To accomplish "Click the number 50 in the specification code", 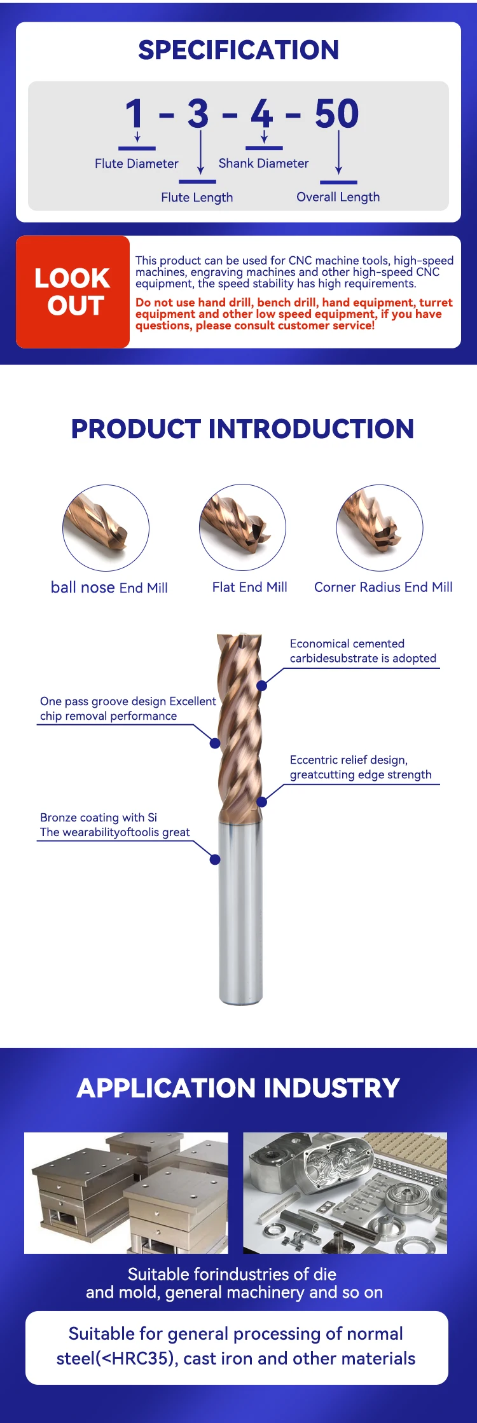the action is (336, 114).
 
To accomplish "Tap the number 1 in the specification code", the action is (134, 114).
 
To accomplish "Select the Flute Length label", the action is (197, 198).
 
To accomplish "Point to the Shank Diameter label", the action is (263, 163).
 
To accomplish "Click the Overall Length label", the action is (338, 197).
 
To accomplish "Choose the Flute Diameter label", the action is (137, 163).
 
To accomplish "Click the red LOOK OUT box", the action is (73, 292).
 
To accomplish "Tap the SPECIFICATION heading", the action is (238, 50).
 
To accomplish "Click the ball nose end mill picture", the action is (106, 528).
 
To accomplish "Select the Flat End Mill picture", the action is (242, 527).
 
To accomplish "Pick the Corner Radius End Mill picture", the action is (380, 528).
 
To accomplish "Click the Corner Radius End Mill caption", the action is (383, 588).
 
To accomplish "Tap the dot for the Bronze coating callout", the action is (215, 860).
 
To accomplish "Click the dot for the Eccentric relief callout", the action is (261, 802).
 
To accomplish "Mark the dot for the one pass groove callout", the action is (215, 743).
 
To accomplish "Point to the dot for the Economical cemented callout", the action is (261, 685).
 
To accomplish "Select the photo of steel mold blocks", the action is (126, 1193).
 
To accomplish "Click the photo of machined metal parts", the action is (345, 1193).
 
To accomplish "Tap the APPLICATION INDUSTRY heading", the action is (238, 1088).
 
